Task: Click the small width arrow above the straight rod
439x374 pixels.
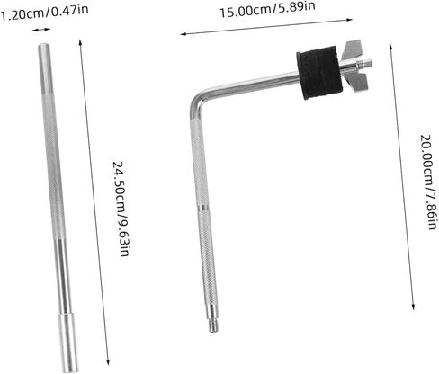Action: click(40, 30)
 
